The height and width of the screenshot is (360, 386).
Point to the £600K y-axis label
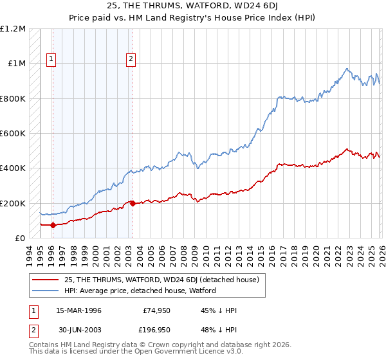pyautogui.click(x=12, y=134)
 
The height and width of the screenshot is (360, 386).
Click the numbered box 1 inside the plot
pyautogui.click(x=51, y=60)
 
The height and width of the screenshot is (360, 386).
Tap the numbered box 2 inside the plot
pyautogui.click(x=131, y=60)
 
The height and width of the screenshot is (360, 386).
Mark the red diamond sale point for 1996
pyautogui.click(x=53, y=226)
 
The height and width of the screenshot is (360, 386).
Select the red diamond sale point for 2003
pyautogui.click(x=133, y=204)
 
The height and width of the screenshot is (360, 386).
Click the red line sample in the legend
pyautogui.click(x=46, y=280)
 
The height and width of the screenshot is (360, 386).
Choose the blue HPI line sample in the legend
pyautogui.click(x=46, y=291)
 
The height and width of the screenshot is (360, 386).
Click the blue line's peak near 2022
pyautogui.click(x=347, y=69)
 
